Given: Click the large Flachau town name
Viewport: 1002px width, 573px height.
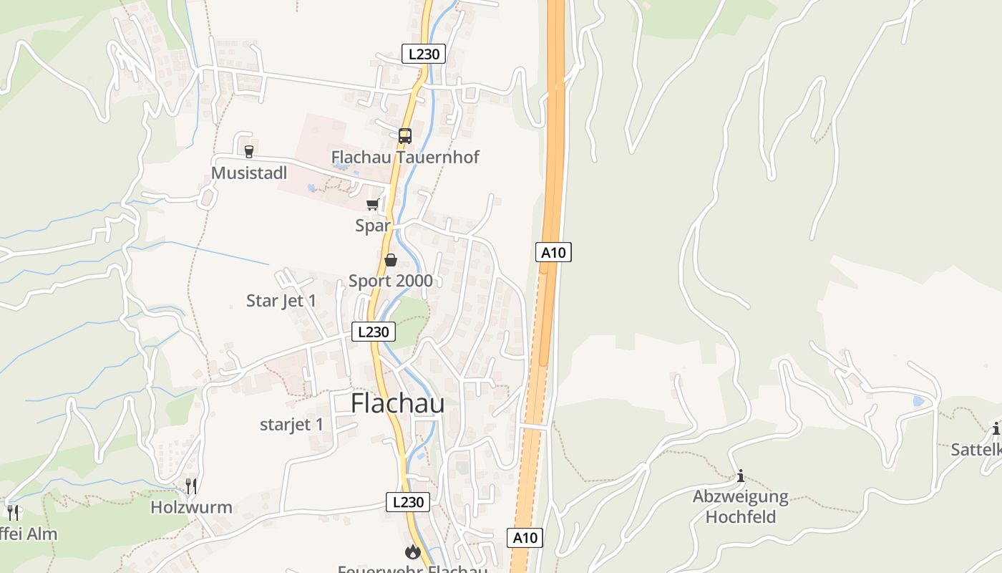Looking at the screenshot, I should tap(397, 403).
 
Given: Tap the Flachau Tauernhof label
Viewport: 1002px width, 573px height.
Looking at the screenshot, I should tap(405, 157).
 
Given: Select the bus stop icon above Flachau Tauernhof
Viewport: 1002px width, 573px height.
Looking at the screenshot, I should tap(405, 135).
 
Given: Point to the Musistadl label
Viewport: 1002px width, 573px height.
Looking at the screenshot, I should tap(249, 173).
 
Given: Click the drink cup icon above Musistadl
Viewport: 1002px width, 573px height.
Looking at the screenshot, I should tap(249, 151).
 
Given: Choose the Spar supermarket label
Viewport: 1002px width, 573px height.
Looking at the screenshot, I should tap(373, 226).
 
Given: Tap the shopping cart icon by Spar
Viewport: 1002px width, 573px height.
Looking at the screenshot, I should tap(372, 205).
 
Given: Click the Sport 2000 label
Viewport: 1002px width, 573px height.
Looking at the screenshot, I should tap(391, 281).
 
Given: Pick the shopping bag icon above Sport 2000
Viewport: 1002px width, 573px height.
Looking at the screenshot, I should tap(391, 260).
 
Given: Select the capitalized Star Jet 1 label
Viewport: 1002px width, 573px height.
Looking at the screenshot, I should tap(281, 301).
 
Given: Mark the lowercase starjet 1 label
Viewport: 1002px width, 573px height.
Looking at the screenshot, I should tap(291, 425).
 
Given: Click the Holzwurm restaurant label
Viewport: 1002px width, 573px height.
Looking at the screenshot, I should tap(191, 508).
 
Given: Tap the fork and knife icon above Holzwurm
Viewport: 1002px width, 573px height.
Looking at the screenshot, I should tap(191, 486).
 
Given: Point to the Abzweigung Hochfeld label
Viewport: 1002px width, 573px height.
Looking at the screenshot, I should tap(741, 506).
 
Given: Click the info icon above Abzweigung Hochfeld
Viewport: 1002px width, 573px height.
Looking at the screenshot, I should tap(741, 476).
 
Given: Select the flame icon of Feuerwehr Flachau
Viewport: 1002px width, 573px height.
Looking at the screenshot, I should tap(412, 552).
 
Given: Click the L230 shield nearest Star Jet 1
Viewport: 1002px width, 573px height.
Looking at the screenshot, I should tap(374, 332).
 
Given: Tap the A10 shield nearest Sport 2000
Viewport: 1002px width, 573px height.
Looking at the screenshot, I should tap(553, 252).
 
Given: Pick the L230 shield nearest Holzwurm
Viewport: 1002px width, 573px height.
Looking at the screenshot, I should tap(408, 502).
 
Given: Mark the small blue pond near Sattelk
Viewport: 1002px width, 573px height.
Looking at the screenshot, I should tap(918, 402).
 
